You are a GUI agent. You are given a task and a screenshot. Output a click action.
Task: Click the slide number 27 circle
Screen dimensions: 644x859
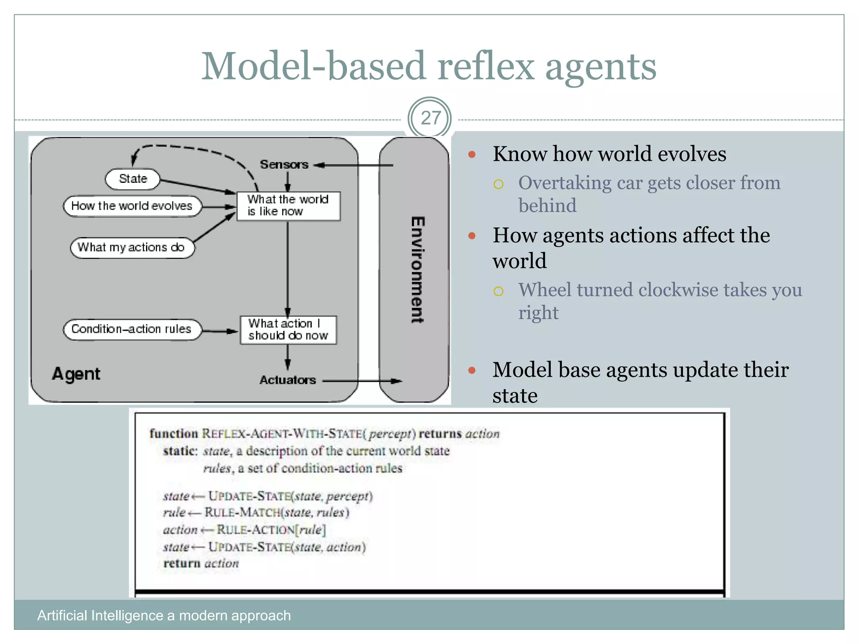click(429, 118)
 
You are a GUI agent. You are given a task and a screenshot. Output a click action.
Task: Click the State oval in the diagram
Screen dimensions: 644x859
click(133, 179)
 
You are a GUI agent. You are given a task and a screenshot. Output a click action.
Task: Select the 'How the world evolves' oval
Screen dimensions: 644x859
click(132, 206)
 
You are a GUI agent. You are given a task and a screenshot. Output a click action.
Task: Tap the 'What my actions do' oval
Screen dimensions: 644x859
click(132, 247)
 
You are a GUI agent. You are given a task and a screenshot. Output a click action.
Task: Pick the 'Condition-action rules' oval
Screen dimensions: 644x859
click(132, 329)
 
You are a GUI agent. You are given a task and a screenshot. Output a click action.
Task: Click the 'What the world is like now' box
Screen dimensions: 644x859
click(288, 205)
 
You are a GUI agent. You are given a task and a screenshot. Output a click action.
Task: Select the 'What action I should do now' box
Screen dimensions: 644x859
click(288, 330)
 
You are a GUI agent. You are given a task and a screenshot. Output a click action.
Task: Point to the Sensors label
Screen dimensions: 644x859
click(284, 164)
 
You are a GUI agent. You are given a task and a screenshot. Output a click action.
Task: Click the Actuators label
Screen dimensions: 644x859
click(287, 380)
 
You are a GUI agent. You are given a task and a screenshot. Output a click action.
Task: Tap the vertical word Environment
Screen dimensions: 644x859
click(417, 270)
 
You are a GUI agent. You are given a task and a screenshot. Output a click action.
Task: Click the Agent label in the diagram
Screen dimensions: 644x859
click(76, 374)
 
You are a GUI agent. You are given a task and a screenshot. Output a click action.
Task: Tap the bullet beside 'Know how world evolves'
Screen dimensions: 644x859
click(472, 154)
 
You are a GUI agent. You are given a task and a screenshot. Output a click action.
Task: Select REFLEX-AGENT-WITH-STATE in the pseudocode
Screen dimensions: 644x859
click(282, 433)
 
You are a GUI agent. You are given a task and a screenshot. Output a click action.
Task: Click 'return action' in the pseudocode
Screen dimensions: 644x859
click(201, 563)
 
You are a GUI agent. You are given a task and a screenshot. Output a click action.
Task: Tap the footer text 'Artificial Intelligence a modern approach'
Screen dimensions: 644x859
click(164, 615)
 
